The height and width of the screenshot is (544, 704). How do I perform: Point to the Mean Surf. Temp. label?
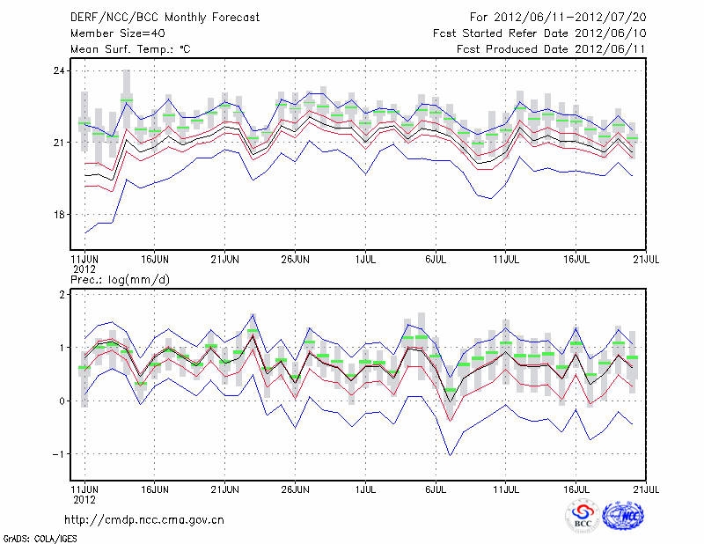[130, 49]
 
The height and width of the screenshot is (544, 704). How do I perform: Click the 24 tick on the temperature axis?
[60, 70]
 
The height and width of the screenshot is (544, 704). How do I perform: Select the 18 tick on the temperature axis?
[60, 215]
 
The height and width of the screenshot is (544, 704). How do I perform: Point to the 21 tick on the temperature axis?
[60, 143]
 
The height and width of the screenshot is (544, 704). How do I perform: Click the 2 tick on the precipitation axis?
[62, 295]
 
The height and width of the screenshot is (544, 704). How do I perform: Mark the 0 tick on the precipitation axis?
[62, 401]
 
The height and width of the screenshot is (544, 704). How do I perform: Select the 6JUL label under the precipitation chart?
[436, 488]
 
